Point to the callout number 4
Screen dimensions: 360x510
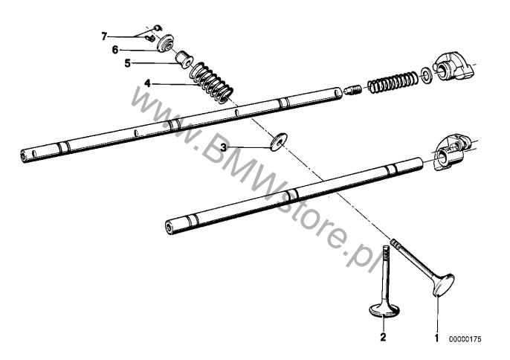(148, 83)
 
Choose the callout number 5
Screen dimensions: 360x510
(127, 64)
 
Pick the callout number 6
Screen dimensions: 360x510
(115, 50)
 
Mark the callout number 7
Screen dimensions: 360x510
(105, 35)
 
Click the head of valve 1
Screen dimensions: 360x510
(442, 285)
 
